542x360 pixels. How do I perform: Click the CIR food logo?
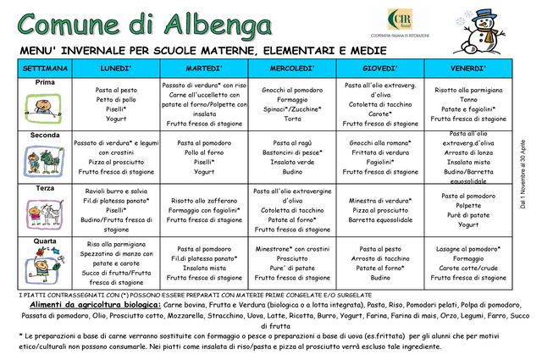pos(402,22)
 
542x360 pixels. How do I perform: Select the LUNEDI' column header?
pos(115,68)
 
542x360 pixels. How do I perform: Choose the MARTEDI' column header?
pos(204,68)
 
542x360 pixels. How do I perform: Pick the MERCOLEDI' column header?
pos(292,68)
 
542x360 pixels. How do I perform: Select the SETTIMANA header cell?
pos(45,68)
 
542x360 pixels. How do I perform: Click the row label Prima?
pos(45,82)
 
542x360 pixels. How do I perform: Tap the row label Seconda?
pos(45,136)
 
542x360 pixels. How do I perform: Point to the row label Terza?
pos(45,188)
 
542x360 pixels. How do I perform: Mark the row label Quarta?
pos(45,241)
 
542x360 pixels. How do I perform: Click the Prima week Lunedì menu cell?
pos(115,105)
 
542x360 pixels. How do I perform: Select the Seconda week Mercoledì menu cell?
pos(292,158)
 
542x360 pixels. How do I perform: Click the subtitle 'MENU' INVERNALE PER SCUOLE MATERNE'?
pos(135,51)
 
